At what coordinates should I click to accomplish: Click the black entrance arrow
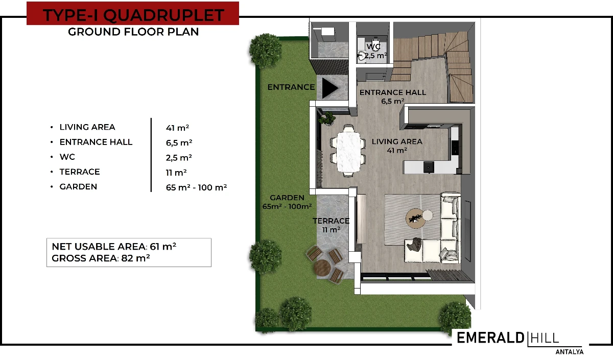[329, 88]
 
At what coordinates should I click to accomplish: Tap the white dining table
[348, 152]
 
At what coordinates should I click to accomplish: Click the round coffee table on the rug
[416, 219]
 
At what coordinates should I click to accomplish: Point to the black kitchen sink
[429, 167]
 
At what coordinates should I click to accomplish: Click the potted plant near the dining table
[327, 118]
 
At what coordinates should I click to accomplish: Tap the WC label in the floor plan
[373, 46]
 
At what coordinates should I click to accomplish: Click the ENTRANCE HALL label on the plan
[393, 92]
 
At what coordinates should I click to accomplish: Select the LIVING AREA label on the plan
[397, 141]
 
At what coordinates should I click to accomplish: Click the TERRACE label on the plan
[331, 221]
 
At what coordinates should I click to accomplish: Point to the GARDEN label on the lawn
[287, 198]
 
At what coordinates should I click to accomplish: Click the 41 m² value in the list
[177, 128]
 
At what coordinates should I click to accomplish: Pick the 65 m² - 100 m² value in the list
[196, 187]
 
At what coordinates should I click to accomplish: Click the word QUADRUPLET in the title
[163, 15]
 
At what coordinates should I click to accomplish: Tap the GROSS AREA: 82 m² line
[101, 258]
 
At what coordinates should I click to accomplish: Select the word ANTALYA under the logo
[569, 352]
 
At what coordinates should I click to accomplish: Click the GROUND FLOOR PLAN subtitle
[133, 32]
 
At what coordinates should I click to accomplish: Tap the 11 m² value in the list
[176, 173]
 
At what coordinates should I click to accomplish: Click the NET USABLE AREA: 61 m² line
[114, 247]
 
